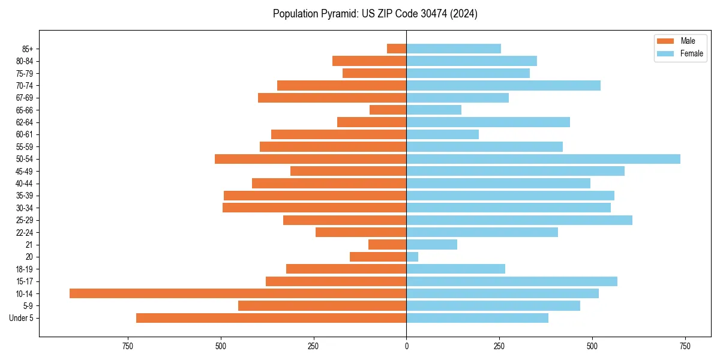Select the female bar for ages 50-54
(x=543, y=159)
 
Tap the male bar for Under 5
(x=271, y=318)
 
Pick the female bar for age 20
(x=412, y=257)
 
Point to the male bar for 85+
(x=397, y=49)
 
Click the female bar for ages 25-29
(x=519, y=220)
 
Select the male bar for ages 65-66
(x=388, y=110)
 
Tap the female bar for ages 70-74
(x=503, y=85)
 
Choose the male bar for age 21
(x=387, y=245)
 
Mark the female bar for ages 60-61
(x=442, y=134)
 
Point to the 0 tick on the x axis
(x=406, y=346)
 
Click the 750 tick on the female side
(x=685, y=346)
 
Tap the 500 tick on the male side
(x=221, y=346)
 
